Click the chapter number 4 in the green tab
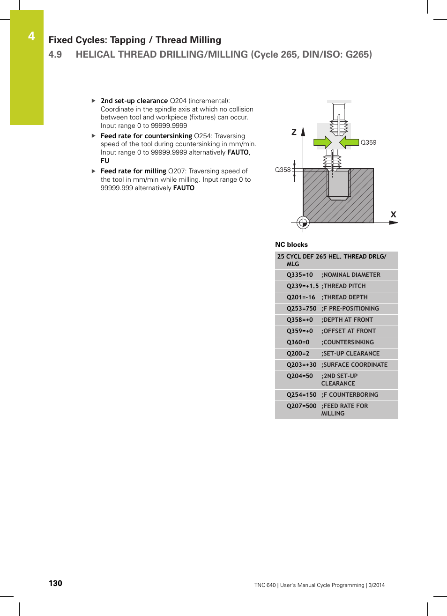point(31,36)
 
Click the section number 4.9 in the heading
point(55,54)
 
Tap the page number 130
point(55,583)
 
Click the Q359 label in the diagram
point(368,142)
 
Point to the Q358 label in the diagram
point(283,170)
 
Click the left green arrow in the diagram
point(322,142)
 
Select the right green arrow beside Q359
point(349,142)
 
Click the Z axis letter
point(294,132)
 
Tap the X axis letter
point(393,215)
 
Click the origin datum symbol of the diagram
point(303,223)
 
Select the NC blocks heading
point(291,245)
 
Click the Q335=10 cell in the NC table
point(300,275)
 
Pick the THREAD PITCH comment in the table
point(344,286)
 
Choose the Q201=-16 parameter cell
point(301,297)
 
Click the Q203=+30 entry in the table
point(302,365)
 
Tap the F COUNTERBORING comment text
point(350,395)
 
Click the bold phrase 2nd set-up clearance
point(134,101)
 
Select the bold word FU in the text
point(105,161)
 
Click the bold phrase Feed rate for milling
point(134,171)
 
